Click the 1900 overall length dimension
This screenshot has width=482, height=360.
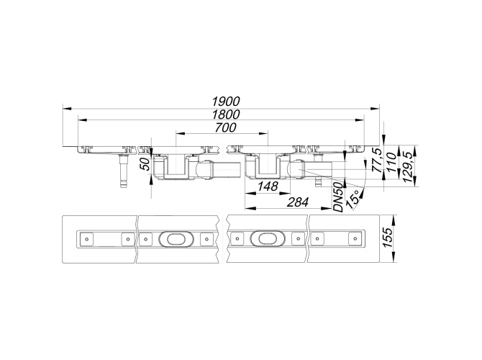click(x=226, y=102)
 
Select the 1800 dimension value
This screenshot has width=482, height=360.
click(x=226, y=114)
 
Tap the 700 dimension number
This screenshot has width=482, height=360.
click(x=226, y=127)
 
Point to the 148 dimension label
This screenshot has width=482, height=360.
click(x=268, y=186)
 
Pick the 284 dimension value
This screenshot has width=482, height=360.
click(x=298, y=202)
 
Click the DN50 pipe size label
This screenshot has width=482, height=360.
click(x=338, y=197)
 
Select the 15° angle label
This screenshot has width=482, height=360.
click(x=353, y=199)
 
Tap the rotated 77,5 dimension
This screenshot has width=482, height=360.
click(x=377, y=161)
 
